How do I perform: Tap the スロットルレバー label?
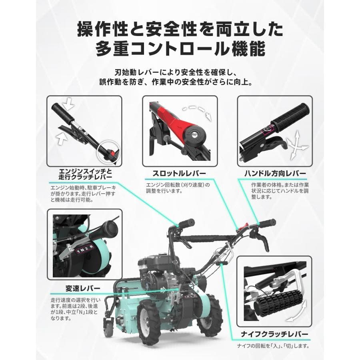click(180, 173)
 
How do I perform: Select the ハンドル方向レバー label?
click(275, 173)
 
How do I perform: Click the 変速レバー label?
click(84, 288)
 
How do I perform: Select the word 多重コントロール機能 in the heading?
click(180, 50)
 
